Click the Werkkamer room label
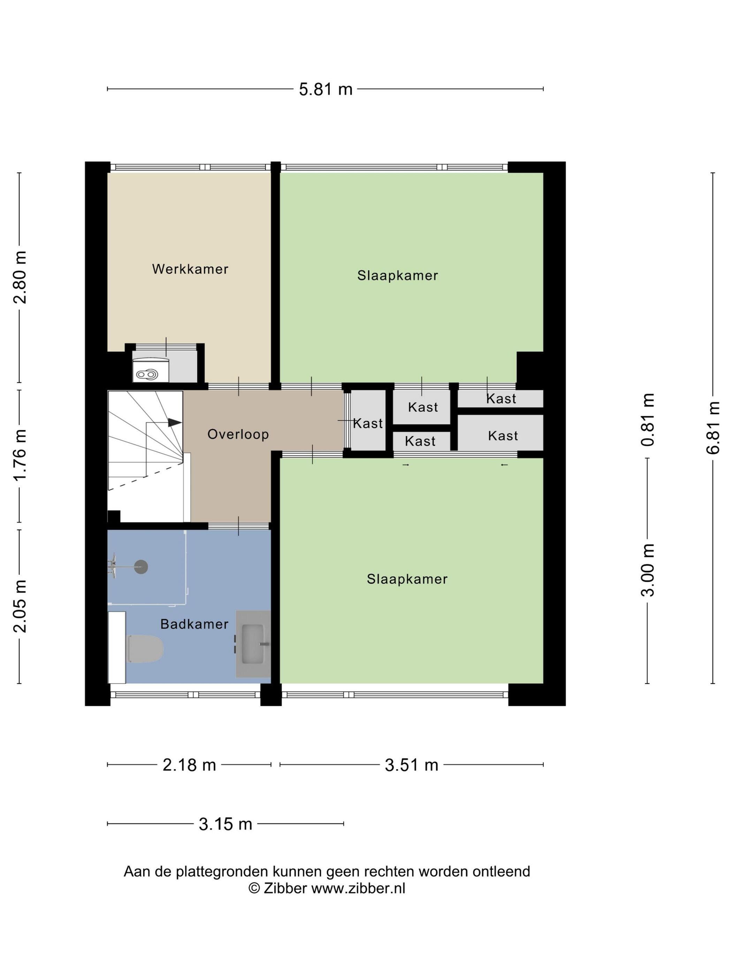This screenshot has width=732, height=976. (x=190, y=269)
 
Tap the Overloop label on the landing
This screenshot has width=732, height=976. (x=238, y=434)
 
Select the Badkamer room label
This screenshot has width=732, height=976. (x=195, y=624)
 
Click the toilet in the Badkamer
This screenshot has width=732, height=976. (x=145, y=649)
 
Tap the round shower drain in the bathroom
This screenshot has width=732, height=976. (x=141, y=566)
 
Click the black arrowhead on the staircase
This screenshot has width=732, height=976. (x=175, y=422)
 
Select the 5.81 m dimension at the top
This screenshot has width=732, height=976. (x=326, y=90)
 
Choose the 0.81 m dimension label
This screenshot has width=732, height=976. (x=647, y=420)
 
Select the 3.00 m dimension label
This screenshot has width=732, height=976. (x=647, y=570)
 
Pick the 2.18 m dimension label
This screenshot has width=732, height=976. (x=189, y=765)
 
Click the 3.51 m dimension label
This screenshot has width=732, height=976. (x=411, y=765)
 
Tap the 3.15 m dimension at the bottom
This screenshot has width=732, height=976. (x=226, y=823)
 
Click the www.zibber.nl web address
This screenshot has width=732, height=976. (x=358, y=888)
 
